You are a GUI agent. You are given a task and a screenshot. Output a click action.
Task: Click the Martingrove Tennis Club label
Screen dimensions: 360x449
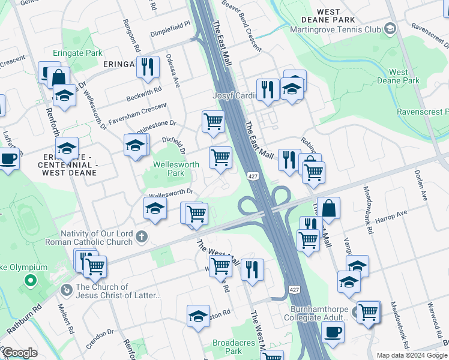click(335, 29)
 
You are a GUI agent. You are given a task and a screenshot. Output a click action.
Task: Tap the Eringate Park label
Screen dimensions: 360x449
click(77, 53)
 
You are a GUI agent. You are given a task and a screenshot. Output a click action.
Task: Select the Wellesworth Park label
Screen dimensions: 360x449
click(176, 169)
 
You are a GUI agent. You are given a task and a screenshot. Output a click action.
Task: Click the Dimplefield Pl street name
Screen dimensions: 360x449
click(170, 25)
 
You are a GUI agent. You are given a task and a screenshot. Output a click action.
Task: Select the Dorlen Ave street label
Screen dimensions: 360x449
click(420, 185)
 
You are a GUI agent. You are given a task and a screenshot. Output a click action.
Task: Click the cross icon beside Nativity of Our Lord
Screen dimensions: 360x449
click(141, 237)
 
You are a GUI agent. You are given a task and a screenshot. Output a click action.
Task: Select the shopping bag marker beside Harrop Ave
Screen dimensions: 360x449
click(328, 208)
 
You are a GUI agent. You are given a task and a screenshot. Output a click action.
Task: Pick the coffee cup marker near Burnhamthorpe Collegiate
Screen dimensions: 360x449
click(333, 331)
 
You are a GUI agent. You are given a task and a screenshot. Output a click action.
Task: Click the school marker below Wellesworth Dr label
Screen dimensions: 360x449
click(155, 208)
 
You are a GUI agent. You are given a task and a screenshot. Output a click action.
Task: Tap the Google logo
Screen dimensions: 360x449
click(20, 353)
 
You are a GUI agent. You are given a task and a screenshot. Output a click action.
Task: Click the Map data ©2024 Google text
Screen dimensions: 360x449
click(412, 355)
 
